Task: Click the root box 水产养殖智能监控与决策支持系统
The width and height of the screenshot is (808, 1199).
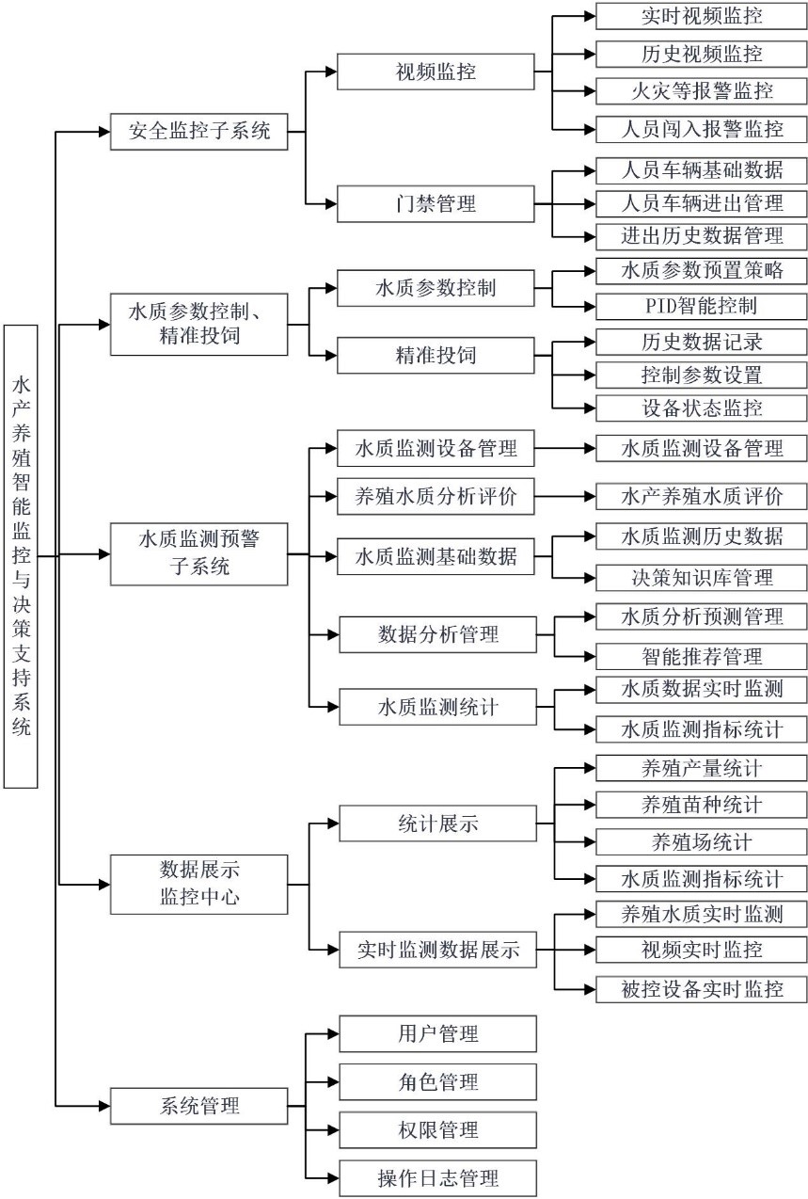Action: pyautogui.click(x=21, y=555)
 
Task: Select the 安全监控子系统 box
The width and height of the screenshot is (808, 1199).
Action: pyautogui.click(x=198, y=131)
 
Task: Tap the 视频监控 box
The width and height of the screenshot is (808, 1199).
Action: pyautogui.click(x=436, y=72)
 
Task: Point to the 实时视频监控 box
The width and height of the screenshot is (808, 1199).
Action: pyautogui.click(x=702, y=17)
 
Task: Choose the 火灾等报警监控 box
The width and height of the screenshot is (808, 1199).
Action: pyautogui.click(x=702, y=90)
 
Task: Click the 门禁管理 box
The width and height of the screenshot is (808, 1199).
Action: pyautogui.click(x=436, y=203)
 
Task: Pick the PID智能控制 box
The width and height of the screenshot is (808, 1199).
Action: pyautogui.click(x=702, y=306)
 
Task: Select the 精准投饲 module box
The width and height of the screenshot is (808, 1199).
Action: pyautogui.click(x=436, y=355)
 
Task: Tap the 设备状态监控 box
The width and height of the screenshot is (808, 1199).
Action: pyautogui.click(x=702, y=408)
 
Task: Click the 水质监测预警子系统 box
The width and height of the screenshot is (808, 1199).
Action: pyautogui.click(x=198, y=553)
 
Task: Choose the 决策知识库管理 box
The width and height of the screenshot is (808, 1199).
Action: pyautogui.click(x=702, y=576)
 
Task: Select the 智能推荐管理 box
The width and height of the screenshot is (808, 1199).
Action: pyautogui.click(x=702, y=656)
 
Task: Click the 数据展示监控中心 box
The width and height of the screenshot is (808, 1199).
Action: pyautogui.click(x=198, y=884)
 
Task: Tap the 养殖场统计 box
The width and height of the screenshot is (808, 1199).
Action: pyautogui.click(x=702, y=841)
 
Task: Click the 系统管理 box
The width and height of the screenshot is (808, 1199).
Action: pyautogui.click(x=198, y=1105)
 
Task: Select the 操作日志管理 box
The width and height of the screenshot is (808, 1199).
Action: pyautogui.click(x=437, y=1177)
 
